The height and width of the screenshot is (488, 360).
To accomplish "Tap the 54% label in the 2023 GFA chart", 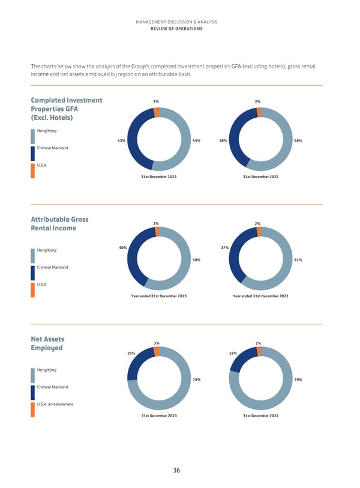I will click(x=196, y=141).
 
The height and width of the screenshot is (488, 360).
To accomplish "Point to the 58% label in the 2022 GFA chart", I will click(x=298, y=141).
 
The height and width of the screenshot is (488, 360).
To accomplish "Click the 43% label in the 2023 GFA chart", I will click(x=121, y=141).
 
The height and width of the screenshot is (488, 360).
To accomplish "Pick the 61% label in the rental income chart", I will click(x=298, y=260).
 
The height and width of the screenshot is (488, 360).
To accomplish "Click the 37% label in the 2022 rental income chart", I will click(x=224, y=247).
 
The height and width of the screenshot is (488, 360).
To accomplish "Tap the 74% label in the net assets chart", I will click(x=196, y=379).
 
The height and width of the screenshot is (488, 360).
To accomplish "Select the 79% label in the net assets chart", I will click(x=298, y=379).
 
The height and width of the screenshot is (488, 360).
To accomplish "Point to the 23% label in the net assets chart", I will click(x=131, y=353).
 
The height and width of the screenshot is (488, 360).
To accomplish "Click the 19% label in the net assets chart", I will click(x=233, y=353).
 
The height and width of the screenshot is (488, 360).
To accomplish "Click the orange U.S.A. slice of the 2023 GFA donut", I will click(x=157, y=112).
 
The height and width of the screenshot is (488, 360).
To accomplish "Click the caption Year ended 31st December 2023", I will click(x=158, y=297).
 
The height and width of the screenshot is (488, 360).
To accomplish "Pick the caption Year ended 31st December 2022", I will click(x=260, y=297).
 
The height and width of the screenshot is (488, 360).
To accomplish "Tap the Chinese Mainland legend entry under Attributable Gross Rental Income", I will click(x=53, y=267).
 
